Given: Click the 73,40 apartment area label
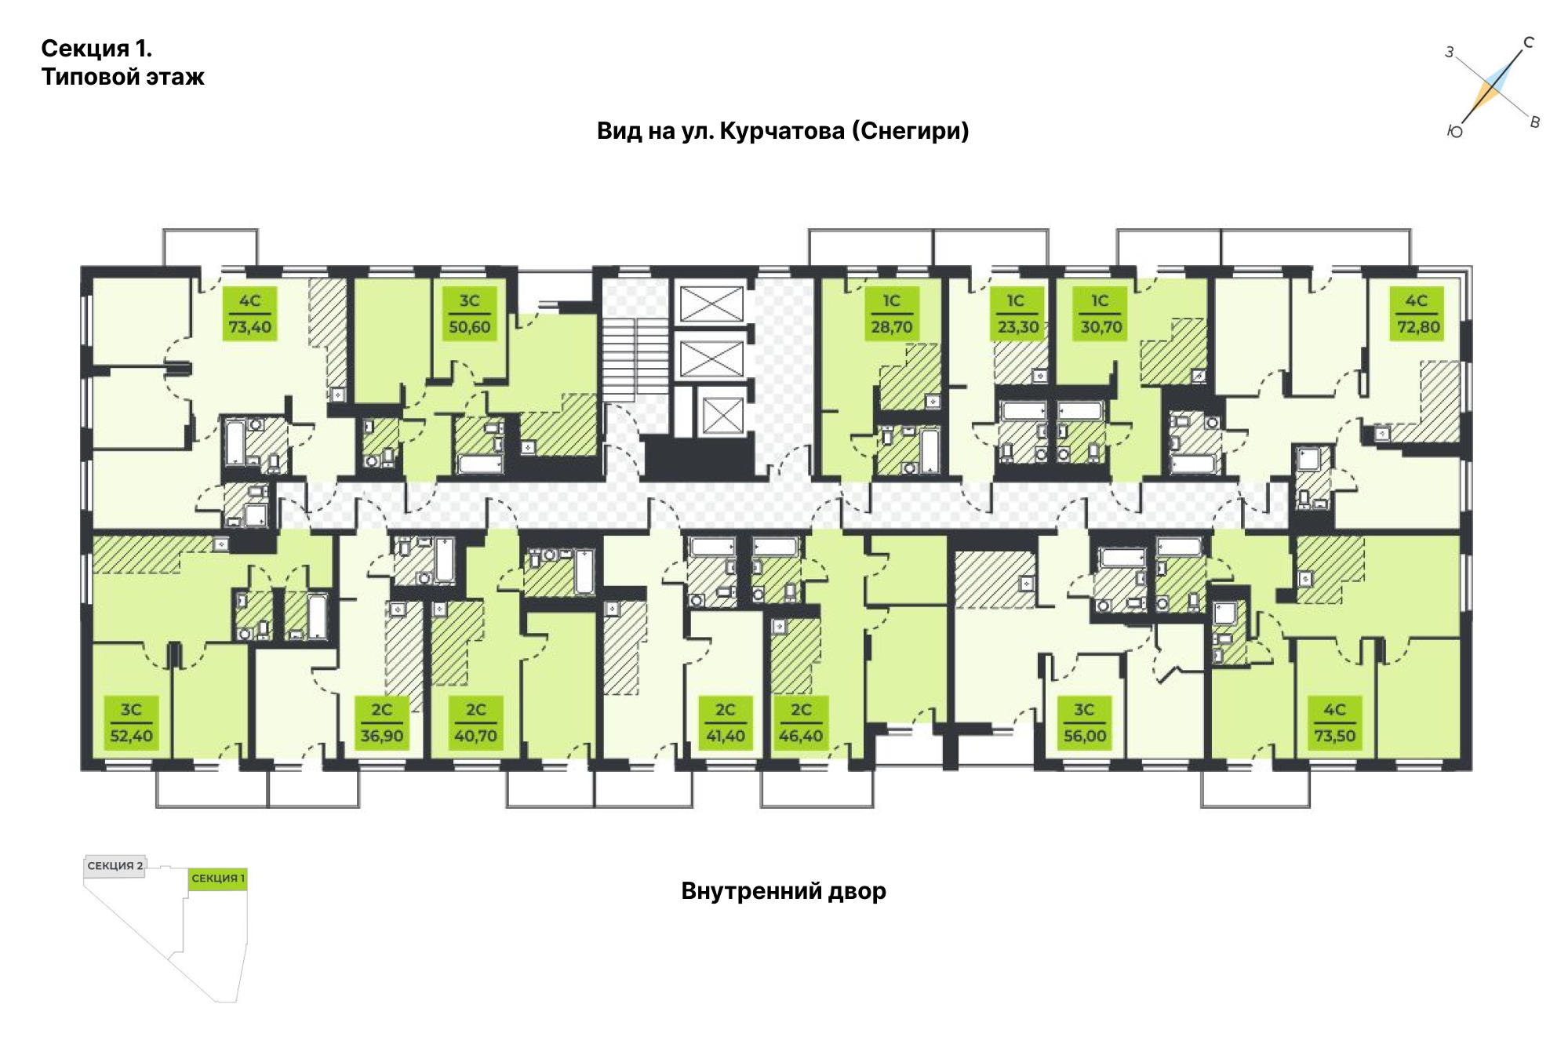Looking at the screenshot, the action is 249,314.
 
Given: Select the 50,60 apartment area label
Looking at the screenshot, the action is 469,314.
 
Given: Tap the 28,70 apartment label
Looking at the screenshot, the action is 892,314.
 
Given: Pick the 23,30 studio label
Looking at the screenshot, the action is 1017,314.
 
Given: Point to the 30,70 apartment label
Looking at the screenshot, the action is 1101,314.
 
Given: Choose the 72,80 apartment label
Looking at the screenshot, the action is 1418,314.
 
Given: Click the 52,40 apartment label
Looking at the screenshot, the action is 131,722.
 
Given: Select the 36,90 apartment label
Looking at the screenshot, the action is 382,722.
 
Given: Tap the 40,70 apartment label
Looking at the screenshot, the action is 476,722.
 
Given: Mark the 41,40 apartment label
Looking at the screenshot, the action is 726,722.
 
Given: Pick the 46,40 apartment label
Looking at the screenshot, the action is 801,722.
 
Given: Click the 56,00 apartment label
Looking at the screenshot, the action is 1084,722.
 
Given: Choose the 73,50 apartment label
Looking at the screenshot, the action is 1335,722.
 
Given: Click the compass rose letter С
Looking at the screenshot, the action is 1528,43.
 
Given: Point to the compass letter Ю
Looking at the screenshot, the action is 1455,133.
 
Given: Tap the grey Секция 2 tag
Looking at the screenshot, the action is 115,866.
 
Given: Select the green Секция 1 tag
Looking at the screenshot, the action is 218,879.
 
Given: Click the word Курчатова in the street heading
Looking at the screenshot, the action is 781,130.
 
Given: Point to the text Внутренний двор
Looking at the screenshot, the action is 784,891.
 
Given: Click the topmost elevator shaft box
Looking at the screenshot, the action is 711,304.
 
